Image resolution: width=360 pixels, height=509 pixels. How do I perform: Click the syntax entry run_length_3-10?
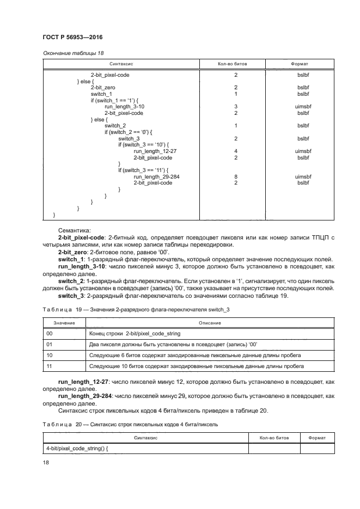tap(124, 107)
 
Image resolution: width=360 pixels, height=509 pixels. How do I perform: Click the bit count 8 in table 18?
tap(236, 177)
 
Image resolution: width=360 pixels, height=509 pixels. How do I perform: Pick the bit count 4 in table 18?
tap(236, 151)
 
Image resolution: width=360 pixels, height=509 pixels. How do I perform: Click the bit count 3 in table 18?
tap(236, 107)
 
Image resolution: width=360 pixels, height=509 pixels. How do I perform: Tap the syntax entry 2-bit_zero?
tap(102, 87)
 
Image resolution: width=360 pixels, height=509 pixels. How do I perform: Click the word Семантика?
tap(75, 231)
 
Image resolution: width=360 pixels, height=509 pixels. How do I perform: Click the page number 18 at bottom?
tap(46, 462)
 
